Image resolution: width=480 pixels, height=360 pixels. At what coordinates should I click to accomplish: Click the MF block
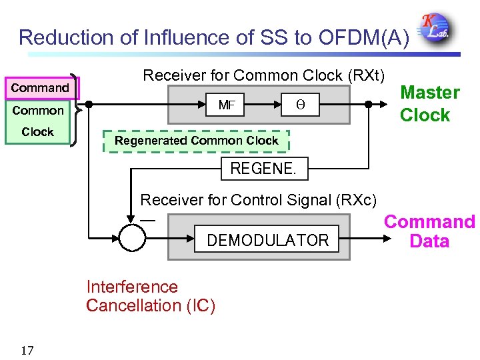click(227, 105)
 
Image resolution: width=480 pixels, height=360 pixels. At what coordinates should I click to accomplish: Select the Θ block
click(299, 105)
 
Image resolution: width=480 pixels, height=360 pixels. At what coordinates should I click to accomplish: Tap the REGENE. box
click(263, 169)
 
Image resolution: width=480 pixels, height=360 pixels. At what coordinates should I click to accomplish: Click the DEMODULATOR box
click(267, 240)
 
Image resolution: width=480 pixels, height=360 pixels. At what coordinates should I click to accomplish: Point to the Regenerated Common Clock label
click(196, 141)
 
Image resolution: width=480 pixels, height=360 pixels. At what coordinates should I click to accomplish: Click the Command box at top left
click(40, 88)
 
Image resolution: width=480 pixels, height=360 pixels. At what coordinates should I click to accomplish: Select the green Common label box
click(38, 111)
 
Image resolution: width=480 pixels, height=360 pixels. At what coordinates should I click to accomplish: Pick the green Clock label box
click(38, 132)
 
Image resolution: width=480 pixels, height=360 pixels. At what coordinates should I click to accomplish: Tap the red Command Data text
click(429, 231)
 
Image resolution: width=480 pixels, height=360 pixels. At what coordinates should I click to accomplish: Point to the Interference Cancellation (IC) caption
click(151, 297)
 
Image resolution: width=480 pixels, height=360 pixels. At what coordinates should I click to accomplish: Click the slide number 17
click(27, 351)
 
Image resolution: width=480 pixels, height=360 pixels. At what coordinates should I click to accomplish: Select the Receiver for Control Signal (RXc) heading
click(258, 199)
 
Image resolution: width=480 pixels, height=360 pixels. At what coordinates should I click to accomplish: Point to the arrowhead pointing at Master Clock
click(389, 105)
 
